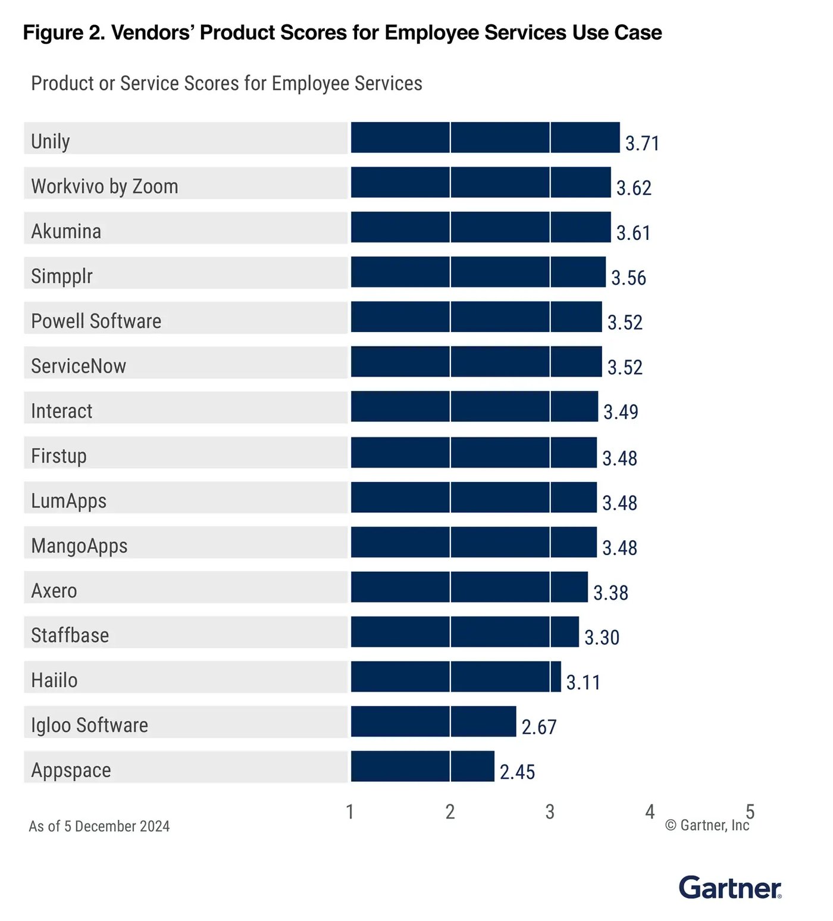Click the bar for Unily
pos(485,137)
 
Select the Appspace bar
pos(422,766)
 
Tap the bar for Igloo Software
pos(433,721)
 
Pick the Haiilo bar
pos(456,676)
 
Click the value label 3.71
pos(642,143)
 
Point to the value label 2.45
pos(517,772)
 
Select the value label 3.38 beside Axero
pos(610,593)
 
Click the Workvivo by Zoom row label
pos(105,186)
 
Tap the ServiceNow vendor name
pos(79,366)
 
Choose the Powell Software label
pos(96,321)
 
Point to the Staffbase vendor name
pos(70,635)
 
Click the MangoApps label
pos(79,546)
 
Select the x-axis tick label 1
pos(350,812)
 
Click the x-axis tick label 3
pos(550,812)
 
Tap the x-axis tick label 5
pos(750,810)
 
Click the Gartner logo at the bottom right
pos(730,888)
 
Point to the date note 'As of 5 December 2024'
pos(99,826)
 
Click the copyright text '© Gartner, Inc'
pos(706,825)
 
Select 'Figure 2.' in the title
pos(64,33)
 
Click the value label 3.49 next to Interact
pos(621,412)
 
